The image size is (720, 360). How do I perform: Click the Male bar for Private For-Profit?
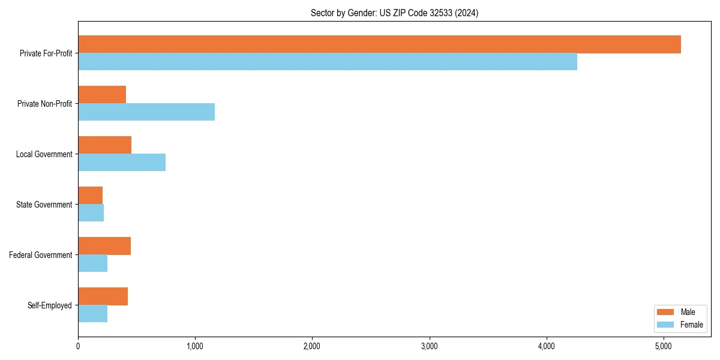click(x=379, y=44)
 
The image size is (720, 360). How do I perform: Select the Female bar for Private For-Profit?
click(x=328, y=62)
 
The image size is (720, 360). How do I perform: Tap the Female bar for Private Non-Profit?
click(x=146, y=112)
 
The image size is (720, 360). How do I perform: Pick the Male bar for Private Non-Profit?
click(x=102, y=95)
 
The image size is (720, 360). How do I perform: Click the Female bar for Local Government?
click(x=122, y=163)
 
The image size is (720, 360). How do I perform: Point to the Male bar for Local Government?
click(x=105, y=145)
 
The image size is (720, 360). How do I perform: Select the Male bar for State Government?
click(x=91, y=196)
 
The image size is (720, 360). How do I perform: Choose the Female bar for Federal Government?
click(x=93, y=263)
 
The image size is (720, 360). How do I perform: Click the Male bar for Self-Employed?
click(x=103, y=296)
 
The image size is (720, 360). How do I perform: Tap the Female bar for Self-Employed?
click(x=93, y=314)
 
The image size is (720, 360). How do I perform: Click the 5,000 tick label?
click(x=663, y=346)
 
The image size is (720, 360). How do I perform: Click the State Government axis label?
click(x=44, y=205)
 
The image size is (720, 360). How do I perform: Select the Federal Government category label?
click(x=41, y=255)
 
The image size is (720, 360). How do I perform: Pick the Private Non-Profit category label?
click(x=44, y=104)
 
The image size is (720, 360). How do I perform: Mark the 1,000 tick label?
click(x=195, y=346)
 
